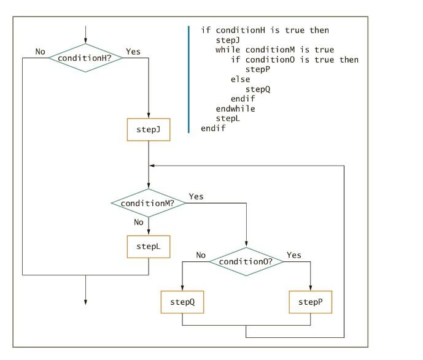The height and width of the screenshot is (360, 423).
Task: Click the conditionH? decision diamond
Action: pyautogui.click(x=85, y=58)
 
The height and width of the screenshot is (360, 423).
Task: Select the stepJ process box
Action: pyautogui.click(x=149, y=129)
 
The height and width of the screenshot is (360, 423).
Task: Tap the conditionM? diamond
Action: pyautogui.click(x=149, y=202)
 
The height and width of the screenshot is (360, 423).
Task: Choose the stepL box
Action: pyautogui.click(x=149, y=247)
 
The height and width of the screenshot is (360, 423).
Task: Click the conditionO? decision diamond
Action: pyautogui.click(x=246, y=261)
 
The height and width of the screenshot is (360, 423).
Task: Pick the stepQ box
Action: pyautogui.click(x=182, y=302)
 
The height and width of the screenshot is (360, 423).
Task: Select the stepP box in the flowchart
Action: pyautogui.click(x=310, y=302)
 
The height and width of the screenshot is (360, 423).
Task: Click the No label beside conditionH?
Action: pyautogui.click(x=41, y=52)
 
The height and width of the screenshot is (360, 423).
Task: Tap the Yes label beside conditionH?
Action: pyautogui.click(x=133, y=52)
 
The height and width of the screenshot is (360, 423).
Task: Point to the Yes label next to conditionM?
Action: pyautogui.click(x=196, y=196)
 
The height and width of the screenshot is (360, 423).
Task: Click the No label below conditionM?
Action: pyautogui.click(x=139, y=222)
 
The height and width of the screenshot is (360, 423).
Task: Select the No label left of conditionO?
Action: pyautogui.click(x=201, y=255)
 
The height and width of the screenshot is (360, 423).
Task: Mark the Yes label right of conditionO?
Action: pyautogui.click(x=294, y=255)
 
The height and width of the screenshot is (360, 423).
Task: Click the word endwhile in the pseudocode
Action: pyautogui.click(x=235, y=109)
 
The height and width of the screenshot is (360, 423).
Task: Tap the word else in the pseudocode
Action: pyautogui.click(x=240, y=79)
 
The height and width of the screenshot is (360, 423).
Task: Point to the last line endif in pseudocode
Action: pyautogui.click(x=213, y=128)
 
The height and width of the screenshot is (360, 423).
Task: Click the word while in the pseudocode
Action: pyautogui.click(x=228, y=50)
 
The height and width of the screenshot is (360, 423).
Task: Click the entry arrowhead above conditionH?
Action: pyautogui.click(x=85, y=40)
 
